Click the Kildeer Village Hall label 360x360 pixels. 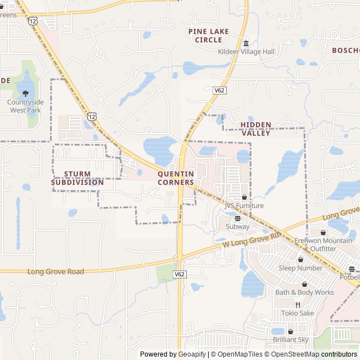[x=246, y=52]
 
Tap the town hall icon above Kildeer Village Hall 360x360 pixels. [x=246, y=43]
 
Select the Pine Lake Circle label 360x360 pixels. [x=209, y=35]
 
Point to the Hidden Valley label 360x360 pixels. [x=256, y=129]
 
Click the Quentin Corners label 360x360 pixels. [x=176, y=178]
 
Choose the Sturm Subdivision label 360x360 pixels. [x=78, y=178]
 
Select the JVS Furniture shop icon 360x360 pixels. [x=244, y=197]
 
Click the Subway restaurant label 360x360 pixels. [x=237, y=227]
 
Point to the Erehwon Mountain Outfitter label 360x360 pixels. [x=323, y=245]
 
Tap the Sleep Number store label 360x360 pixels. [x=301, y=268]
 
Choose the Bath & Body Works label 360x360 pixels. [x=304, y=292]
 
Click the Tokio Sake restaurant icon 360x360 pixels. [x=298, y=305]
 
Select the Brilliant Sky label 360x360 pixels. [x=290, y=340]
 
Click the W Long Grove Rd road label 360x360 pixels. [x=251, y=240]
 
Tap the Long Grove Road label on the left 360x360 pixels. [x=56, y=272]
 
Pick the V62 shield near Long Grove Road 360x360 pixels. [x=179, y=274]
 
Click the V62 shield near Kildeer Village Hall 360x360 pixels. [x=219, y=89]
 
